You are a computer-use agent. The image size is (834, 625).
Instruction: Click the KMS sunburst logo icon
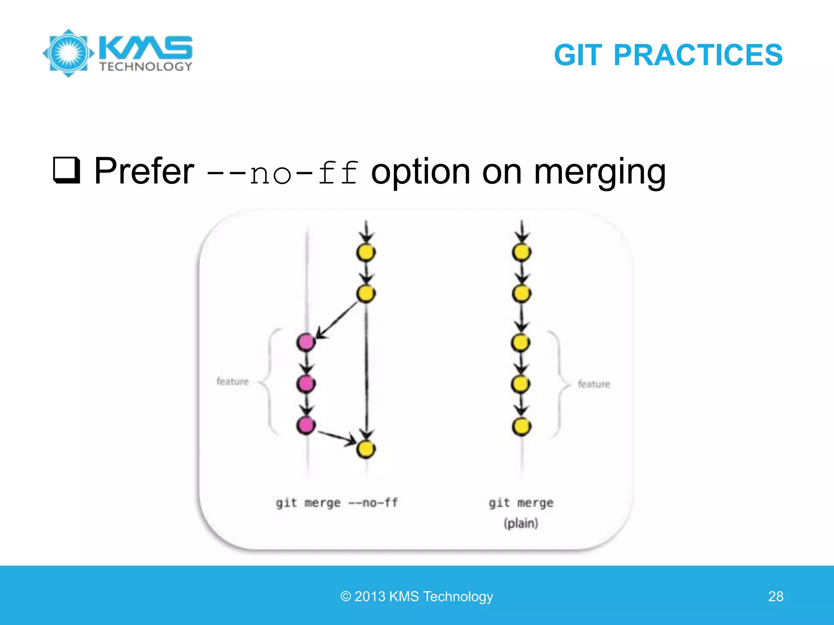click(68, 53)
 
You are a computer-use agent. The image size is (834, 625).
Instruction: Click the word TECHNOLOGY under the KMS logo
click(146, 67)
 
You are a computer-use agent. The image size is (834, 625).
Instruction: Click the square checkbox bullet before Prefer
click(66, 170)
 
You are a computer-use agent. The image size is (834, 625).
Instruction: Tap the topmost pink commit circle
click(306, 342)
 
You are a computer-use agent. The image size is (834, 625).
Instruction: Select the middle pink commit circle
click(306, 384)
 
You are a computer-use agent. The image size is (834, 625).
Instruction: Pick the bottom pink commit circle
click(306, 425)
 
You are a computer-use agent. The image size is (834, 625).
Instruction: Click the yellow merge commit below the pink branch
click(366, 449)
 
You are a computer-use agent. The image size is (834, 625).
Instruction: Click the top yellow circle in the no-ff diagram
click(366, 252)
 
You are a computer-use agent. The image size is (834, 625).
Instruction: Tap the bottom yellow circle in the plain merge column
click(521, 426)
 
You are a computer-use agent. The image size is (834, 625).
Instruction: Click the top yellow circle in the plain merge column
click(522, 252)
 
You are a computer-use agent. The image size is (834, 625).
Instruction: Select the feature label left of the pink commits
click(233, 381)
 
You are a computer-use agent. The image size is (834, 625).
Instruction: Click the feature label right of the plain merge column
click(594, 384)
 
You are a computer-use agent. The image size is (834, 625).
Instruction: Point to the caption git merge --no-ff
click(337, 503)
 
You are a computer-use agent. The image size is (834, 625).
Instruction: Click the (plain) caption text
click(521, 523)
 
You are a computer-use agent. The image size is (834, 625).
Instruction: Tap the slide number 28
click(775, 596)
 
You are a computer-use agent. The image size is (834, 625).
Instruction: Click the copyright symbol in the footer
click(345, 597)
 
